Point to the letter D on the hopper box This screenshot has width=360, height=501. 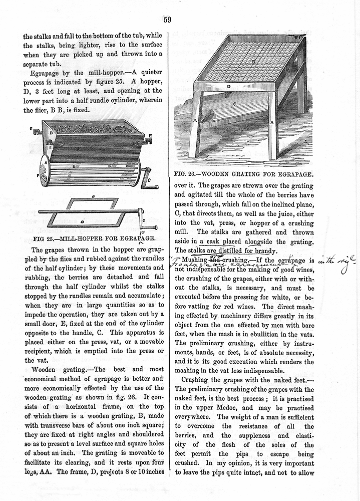(x=52, y=134)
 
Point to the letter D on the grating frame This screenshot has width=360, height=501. (x=228, y=86)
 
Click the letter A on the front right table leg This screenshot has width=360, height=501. (x=271, y=122)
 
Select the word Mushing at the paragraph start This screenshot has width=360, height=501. (x=194, y=260)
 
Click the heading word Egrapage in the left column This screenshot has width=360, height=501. (x=42, y=73)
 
